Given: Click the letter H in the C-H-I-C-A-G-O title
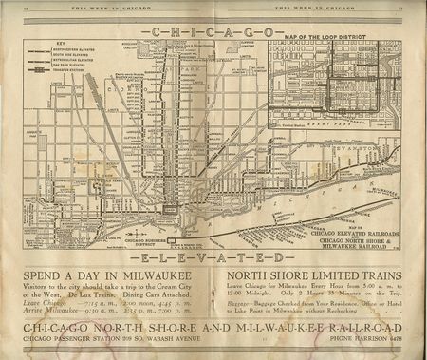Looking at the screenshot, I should pyautogui.click(x=173, y=31).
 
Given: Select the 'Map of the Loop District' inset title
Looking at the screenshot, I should pyautogui.click(x=329, y=37).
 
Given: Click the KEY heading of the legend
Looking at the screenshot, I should pyautogui.click(x=35, y=44).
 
